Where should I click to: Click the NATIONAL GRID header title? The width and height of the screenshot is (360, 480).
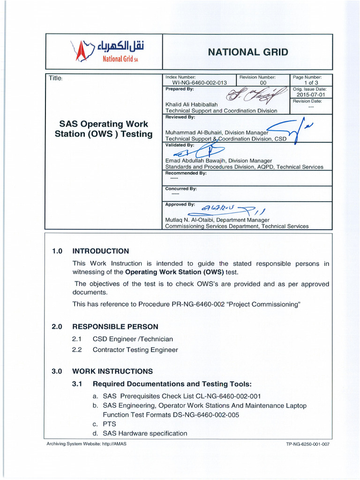click(248, 52)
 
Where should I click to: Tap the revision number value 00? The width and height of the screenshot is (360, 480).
click(263, 82)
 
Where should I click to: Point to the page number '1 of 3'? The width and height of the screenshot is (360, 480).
click(311, 82)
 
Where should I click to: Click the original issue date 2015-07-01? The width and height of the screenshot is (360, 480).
click(311, 94)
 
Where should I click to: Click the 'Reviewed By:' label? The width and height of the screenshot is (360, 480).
click(180, 117)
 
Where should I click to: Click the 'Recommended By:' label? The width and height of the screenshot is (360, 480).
click(186, 173)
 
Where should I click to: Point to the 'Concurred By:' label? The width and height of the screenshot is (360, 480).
click(181, 188)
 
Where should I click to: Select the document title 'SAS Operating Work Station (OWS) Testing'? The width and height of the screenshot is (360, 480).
click(103, 129)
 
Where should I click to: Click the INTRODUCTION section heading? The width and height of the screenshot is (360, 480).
click(101, 251)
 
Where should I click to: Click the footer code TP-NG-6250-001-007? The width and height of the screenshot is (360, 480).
click(307, 444)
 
